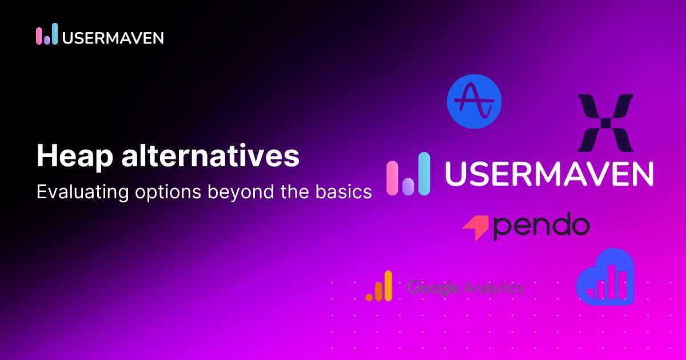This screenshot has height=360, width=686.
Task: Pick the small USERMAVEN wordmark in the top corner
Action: (113, 37)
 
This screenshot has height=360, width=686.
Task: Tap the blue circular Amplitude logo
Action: (474, 102)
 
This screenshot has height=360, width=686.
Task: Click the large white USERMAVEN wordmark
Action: (549, 174)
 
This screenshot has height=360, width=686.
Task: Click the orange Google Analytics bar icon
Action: (380, 286)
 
